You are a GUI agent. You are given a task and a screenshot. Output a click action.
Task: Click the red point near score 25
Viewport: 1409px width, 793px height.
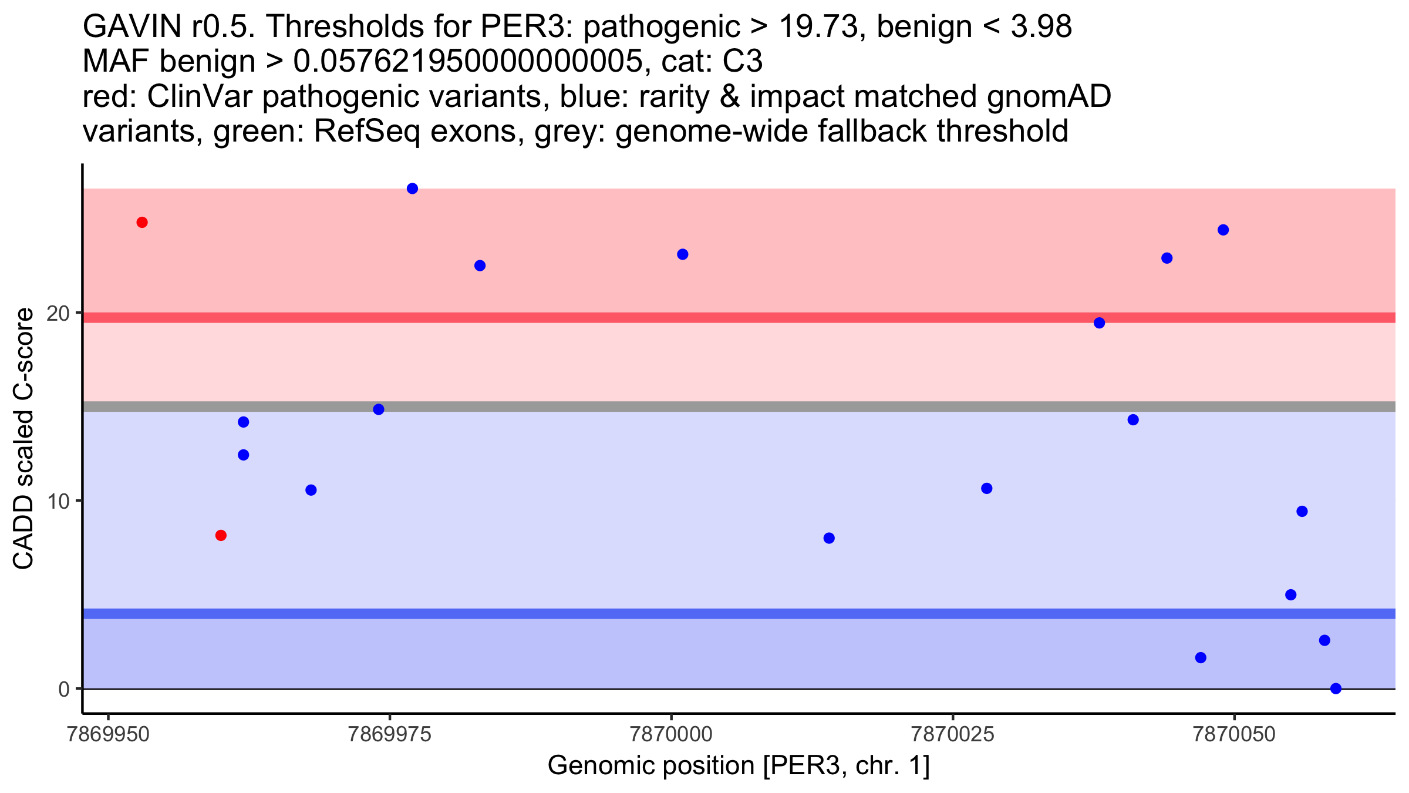[x=142, y=223]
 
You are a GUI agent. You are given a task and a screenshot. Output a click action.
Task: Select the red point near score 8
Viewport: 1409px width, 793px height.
[x=221, y=535]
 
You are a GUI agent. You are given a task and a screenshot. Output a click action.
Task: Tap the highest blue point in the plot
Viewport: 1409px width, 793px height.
[x=412, y=189]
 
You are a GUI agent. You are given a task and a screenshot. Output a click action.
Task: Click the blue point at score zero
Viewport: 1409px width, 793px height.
[x=1336, y=688]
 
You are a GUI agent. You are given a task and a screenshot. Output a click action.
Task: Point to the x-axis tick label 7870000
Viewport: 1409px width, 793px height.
[x=670, y=735]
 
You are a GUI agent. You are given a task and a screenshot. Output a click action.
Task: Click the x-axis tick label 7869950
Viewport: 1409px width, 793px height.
[x=108, y=735]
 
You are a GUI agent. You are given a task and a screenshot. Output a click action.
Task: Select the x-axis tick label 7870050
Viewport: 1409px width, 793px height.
[x=1234, y=735]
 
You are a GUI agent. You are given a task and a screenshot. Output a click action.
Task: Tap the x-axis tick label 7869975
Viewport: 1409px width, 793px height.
[x=389, y=735]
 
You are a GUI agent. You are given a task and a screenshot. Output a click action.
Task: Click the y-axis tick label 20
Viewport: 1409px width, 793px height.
[x=59, y=313]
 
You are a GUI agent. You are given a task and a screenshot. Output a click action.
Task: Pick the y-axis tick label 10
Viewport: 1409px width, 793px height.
[x=59, y=501]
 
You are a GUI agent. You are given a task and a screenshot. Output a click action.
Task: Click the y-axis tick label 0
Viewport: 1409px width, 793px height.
[x=64, y=689]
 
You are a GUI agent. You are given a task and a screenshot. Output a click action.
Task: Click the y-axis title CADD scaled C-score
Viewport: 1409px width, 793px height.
[x=23, y=439]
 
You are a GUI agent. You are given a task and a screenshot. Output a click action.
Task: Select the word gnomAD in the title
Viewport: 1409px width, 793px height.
[x=1049, y=97]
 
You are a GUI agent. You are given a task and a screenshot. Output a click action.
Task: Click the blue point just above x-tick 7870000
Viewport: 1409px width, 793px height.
[x=682, y=254]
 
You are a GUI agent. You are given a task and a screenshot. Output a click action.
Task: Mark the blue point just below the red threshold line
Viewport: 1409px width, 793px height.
[x=1099, y=323]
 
